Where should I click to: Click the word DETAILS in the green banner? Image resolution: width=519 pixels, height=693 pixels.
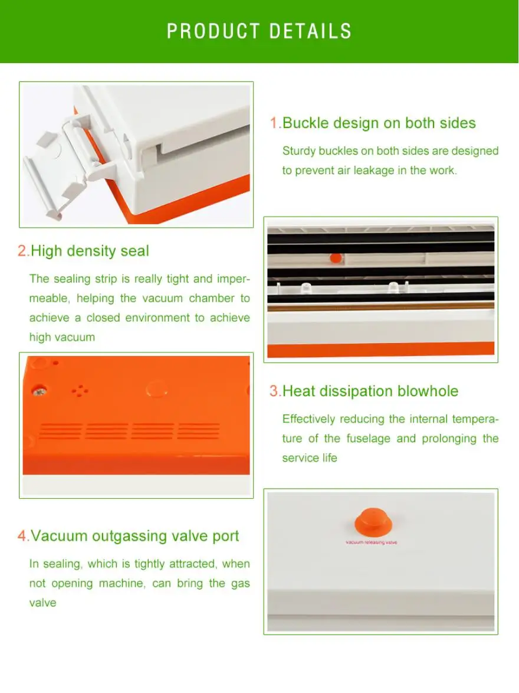click(310, 31)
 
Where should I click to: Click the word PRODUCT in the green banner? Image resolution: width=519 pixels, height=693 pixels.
click(213, 31)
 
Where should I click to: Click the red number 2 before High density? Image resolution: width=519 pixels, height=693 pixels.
click(22, 251)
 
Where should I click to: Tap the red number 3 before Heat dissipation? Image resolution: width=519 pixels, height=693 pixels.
click(274, 391)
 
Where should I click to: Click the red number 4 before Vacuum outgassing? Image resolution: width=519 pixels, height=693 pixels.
click(22, 536)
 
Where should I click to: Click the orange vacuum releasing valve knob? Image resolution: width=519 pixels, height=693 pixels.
click(373, 521)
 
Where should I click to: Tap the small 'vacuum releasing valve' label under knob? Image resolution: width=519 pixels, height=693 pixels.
click(372, 542)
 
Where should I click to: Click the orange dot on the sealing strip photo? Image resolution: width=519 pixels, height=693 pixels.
click(336, 258)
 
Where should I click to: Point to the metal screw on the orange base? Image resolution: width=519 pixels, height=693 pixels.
click(39, 391)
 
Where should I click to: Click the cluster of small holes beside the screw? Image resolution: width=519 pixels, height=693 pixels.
click(80, 391)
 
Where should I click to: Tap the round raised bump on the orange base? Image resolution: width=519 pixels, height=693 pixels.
click(157, 390)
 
